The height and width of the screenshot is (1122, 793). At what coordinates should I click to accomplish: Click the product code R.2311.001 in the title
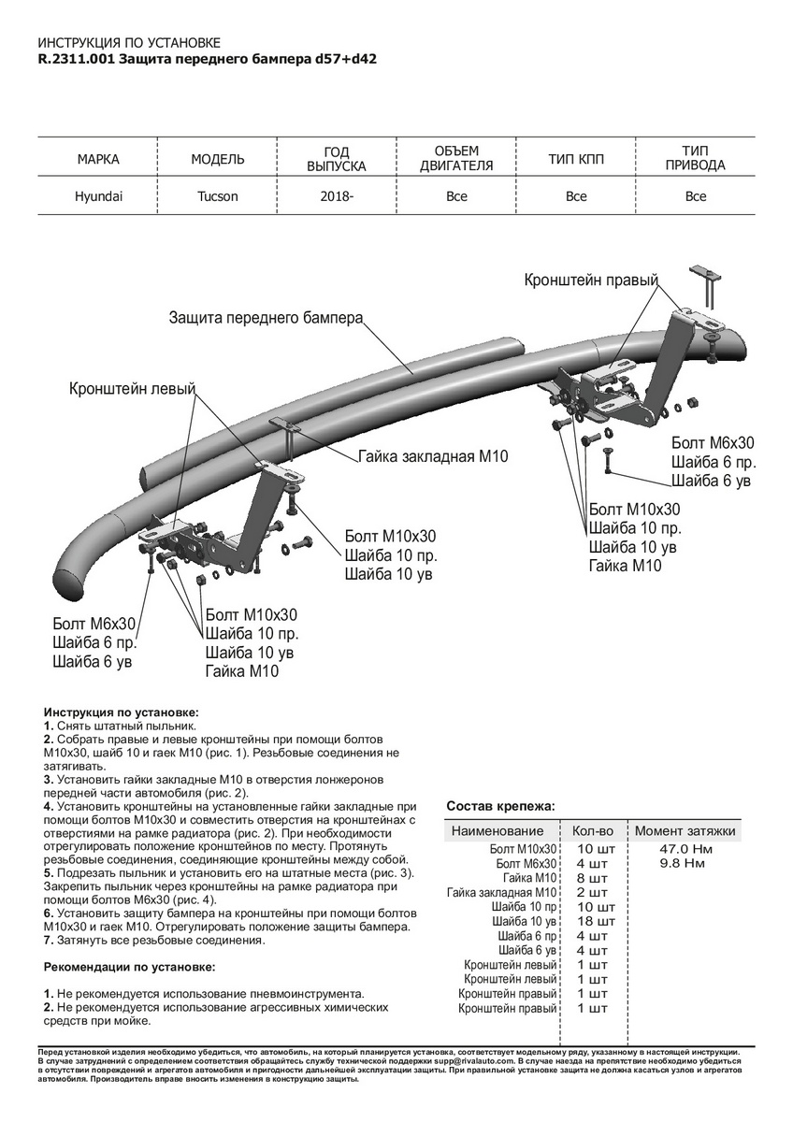[x=78, y=58]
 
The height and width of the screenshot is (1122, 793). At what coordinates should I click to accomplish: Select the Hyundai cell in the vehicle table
[x=98, y=196]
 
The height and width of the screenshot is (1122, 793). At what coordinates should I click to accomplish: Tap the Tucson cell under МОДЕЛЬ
[x=218, y=196]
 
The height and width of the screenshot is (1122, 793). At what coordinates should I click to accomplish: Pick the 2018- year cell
[x=338, y=196]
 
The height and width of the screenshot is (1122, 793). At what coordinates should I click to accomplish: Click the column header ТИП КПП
[x=576, y=159]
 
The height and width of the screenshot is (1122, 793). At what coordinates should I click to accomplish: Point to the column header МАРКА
[x=98, y=159]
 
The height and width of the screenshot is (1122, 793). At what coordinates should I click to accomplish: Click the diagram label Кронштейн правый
[x=591, y=280]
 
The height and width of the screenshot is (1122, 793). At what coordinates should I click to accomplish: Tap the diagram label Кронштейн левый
[x=131, y=389]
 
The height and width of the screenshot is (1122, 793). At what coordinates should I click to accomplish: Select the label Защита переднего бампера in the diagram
[x=266, y=318]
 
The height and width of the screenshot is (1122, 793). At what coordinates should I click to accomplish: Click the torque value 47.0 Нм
[x=685, y=848]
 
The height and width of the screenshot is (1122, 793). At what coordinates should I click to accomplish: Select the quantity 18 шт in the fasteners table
[x=592, y=921]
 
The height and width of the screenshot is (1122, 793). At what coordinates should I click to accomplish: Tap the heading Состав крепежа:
[x=499, y=805]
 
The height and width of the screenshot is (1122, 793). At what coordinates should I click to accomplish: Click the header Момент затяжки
[x=685, y=830]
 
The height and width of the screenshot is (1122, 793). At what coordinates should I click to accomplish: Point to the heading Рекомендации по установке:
[x=129, y=966]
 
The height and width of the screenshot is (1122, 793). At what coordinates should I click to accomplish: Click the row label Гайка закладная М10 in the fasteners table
[x=502, y=892]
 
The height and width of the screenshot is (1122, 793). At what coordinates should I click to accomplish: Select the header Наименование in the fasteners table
[x=497, y=830]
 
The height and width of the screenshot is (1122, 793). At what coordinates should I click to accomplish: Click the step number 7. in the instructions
[x=49, y=940]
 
